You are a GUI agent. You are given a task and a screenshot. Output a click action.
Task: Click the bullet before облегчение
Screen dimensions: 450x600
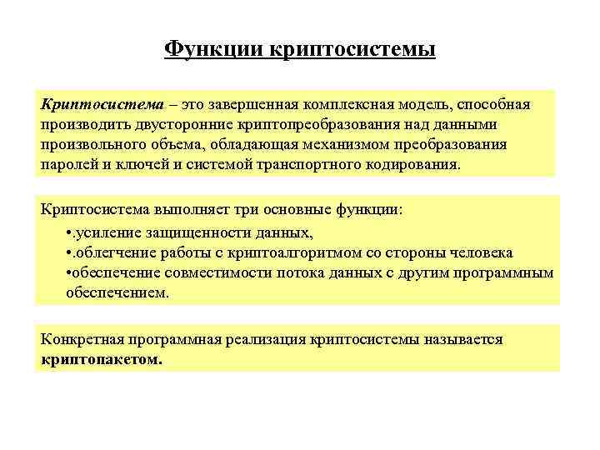pyautogui.click(x=66, y=252)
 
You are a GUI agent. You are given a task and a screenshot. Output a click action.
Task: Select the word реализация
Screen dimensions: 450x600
pyautogui.click(x=255, y=341)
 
